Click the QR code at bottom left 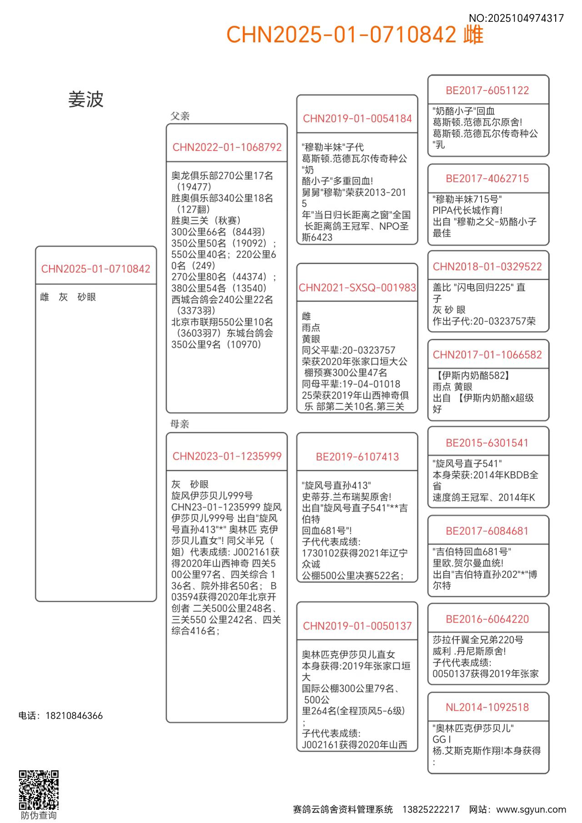[x=39, y=790]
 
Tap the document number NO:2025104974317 [x=516, y=18]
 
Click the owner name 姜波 [x=86, y=100]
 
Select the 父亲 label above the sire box [x=180, y=116]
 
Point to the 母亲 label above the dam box [x=180, y=424]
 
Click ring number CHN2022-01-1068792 [x=227, y=147]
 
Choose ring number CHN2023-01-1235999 [x=227, y=456]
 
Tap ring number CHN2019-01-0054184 [x=357, y=119]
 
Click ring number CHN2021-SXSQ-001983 [x=357, y=287]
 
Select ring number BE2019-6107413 [x=357, y=457]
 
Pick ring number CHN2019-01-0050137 [x=357, y=626]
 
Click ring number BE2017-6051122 [x=487, y=90]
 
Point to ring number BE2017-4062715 [x=487, y=179]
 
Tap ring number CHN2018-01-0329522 [x=487, y=266]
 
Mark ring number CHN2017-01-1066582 [x=487, y=355]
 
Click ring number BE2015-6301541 [x=487, y=443]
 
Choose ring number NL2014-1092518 [x=487, y=707]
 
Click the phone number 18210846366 [x=74, y=716]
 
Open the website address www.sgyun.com [x=531, y=809]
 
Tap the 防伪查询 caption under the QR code [x=39, y=815]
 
